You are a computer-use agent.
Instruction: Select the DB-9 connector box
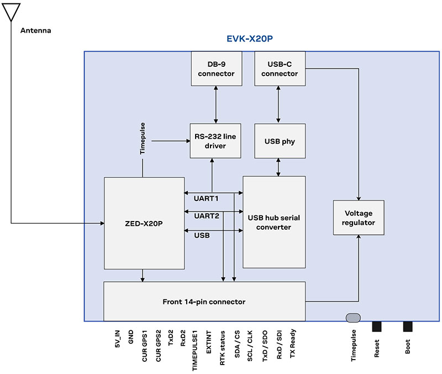point(216,69)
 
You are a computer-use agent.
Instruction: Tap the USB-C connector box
point(279,69)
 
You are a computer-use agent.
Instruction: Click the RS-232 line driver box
point(216,141)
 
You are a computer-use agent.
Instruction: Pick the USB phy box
point(279,141)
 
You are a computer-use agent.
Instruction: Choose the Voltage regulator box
point(359,218)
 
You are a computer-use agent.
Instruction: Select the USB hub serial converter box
point(274,222)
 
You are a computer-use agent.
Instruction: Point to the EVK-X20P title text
point(250,40)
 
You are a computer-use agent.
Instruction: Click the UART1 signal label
point(206,198)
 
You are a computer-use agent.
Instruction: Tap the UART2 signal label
point(206,217)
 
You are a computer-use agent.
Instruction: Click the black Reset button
point(377,326)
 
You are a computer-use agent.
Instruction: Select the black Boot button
point(408,326)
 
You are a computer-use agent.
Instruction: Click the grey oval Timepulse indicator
point(353,317)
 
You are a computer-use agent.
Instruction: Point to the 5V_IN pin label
point(117,338)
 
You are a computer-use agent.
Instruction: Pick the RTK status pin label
point(222,346)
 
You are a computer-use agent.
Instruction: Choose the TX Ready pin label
point(293,343)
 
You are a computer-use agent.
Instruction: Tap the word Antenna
point(35,30)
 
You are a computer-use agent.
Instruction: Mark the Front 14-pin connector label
point(204,302)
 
